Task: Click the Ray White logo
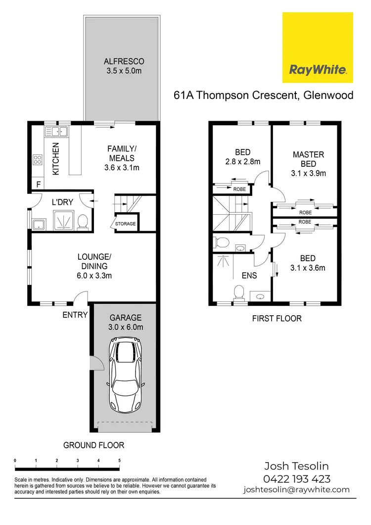point(317,48)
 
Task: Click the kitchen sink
point(56,132)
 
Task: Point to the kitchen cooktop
point(37,159)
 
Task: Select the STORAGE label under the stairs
point(125,224)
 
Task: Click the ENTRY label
point(75,315)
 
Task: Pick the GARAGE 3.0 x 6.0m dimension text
point(126,328)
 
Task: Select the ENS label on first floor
point(249,275)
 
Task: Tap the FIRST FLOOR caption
point(277,318)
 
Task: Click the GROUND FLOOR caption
point(93,445)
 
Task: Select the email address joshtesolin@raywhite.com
point(296,490)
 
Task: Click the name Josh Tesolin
point(296,466)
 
